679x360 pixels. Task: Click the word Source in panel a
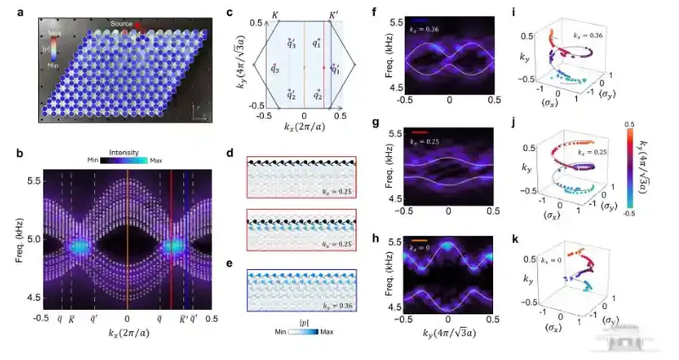point(121,23)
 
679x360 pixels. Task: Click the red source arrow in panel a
point(141,25)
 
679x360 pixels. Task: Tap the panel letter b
point(7,153)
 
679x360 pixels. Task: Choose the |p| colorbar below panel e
point(304,335)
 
